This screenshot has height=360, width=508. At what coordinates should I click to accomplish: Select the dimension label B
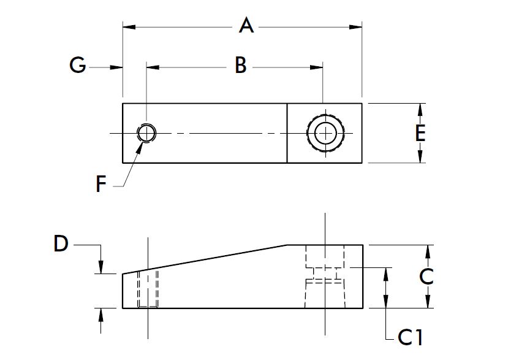241,66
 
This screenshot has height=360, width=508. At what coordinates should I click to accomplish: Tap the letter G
77,66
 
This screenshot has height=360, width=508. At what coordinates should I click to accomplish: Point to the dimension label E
420,133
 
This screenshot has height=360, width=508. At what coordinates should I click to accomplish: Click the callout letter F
102,183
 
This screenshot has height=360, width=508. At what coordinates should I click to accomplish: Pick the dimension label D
61,243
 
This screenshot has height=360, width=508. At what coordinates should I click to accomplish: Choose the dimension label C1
411,337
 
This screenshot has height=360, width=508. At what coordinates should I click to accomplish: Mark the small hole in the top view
146,132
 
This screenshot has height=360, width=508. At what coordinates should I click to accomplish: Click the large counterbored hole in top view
325,132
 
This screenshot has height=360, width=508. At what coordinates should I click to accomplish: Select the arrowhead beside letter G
116,66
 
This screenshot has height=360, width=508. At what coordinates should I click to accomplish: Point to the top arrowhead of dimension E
420,109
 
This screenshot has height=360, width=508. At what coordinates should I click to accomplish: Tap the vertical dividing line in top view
287,133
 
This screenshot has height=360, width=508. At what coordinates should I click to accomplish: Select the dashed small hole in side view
148,289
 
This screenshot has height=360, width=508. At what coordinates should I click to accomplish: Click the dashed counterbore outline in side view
325,276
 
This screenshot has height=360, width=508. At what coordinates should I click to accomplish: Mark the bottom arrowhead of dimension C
428,301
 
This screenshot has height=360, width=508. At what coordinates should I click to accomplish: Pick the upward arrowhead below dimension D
101,315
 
